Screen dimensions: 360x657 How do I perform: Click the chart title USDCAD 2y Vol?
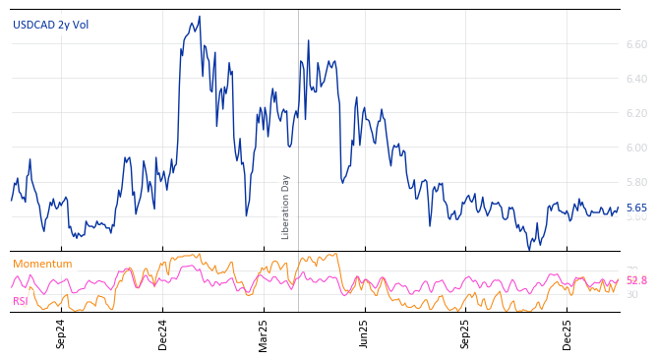point(50,25)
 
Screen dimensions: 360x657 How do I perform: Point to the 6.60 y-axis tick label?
point(636,44)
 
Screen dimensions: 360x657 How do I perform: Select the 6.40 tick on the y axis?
point(636,79)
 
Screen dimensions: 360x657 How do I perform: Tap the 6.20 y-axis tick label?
point(636,113)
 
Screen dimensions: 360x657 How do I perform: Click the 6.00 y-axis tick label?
point(636,148)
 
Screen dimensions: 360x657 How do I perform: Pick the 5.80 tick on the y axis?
point(636,182)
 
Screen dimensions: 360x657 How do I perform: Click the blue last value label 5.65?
point(636,209)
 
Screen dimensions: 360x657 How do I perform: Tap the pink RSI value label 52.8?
point(636,280)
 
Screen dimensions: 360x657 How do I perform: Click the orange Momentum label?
point(42,264)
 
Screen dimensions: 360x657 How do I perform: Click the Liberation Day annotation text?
point(286,207)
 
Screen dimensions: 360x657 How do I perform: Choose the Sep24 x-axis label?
point(61,333)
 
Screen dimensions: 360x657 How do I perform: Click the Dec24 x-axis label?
point(163,333)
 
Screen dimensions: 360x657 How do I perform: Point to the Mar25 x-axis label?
point(264,333)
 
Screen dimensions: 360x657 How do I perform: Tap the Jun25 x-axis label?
point(364,333)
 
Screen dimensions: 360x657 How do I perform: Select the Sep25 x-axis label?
point(466,333)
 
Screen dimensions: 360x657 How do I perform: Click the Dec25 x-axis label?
point(567,333)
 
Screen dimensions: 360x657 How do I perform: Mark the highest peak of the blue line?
point(199,17)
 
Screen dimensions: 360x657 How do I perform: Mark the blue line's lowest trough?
point(529,249)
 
